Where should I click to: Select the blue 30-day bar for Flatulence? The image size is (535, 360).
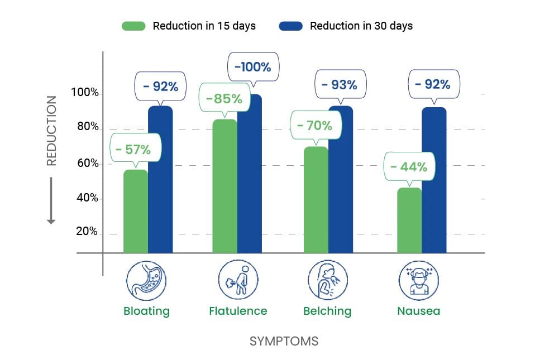[249, 173]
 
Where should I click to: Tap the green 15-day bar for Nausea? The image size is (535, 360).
[409, 220]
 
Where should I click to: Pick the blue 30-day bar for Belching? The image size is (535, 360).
[341, 179]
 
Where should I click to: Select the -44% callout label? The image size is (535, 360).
[409, 167]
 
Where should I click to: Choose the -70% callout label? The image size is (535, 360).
[314, 126]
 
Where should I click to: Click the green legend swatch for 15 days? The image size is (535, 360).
[133, 26]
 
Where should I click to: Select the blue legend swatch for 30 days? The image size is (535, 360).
[290, 26]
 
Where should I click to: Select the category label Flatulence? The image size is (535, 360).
[238, 311]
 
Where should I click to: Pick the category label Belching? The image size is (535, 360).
[327, 311]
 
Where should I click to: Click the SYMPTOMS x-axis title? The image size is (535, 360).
[284, 341]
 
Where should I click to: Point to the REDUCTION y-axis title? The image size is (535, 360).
[51, 131]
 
